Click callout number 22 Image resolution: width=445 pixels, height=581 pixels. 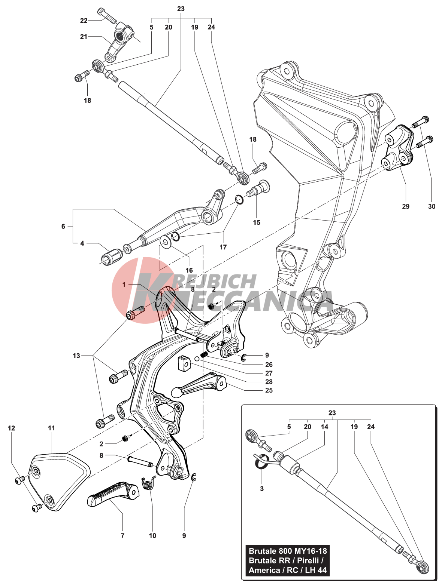tap(84, 21)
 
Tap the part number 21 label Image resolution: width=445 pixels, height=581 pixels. tap(84, 37)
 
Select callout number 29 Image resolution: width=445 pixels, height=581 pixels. tap(406, 206)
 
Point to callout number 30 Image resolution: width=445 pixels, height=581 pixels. tap(432, 206)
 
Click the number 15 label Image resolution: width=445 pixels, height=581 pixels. tap(256, 222)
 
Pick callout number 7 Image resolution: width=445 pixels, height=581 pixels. tap(122, 536)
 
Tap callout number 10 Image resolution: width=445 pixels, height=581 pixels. tap(152, 536)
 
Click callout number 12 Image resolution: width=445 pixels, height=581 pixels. tap(12, 428)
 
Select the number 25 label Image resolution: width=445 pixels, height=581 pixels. tap(269, 390)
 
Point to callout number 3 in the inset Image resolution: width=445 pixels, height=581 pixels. tap(262, 488)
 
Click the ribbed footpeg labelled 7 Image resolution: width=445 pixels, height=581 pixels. tap(112, 494)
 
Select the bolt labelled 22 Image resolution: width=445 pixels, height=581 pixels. tap(106, 15)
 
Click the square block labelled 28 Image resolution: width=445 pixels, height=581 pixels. tap(182, 363)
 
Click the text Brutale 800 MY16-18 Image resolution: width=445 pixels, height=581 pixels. tap(288, 551)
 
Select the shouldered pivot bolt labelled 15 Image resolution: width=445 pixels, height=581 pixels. tap(258, 189)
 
